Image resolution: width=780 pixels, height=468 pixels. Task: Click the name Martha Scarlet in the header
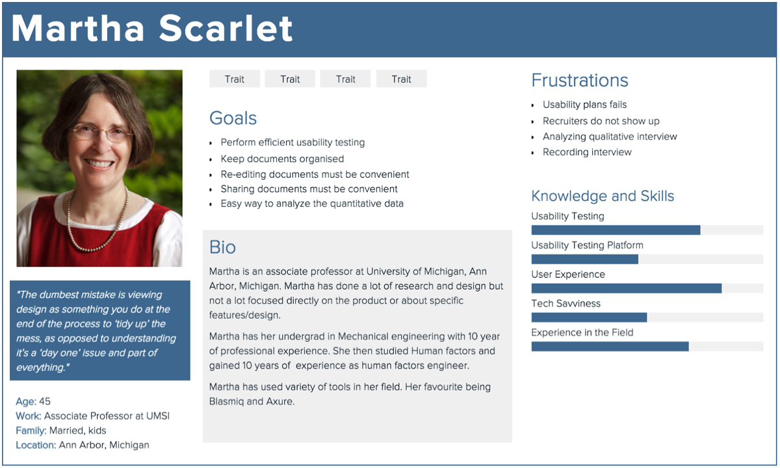coord(152,29)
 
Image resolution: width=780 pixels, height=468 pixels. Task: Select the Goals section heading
coord(233,118)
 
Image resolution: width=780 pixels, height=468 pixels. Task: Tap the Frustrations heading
coord(580,80)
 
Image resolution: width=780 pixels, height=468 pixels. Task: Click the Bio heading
coord(222,247)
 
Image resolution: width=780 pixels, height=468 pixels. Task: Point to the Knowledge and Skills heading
coord(603,196)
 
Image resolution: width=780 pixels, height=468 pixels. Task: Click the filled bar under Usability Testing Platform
coord(584,259)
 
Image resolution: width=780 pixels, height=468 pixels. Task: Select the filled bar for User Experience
coord(627,288)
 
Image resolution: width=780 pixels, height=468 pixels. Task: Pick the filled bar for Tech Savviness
coord(589,318)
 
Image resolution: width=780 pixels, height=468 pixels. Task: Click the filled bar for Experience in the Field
coord(610,346)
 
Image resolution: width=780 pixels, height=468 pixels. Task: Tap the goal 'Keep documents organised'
coord(282,159)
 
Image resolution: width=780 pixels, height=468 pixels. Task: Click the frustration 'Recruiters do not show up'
coord(601,121)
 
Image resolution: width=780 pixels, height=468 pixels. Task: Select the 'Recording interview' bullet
coord(587,152)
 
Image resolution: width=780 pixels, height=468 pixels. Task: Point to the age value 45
coord(45,402)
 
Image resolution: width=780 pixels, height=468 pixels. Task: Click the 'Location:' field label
coord(36,445)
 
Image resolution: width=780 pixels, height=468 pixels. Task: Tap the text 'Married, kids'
coord(77,430)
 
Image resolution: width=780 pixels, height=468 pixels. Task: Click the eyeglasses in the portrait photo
coord(101,133)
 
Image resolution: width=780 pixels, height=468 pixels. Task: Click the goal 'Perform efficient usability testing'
coord(292,143)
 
